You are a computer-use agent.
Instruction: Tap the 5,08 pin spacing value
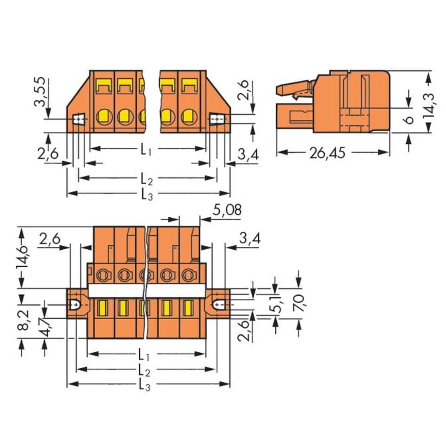[x=227, y=210]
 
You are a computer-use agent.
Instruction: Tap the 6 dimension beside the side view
[x=409, y=119]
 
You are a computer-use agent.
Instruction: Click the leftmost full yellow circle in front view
[x=103, y=117]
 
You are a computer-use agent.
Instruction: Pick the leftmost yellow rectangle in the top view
[x=102, y=306]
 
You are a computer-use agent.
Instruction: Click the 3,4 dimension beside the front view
[x=248, y=155]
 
